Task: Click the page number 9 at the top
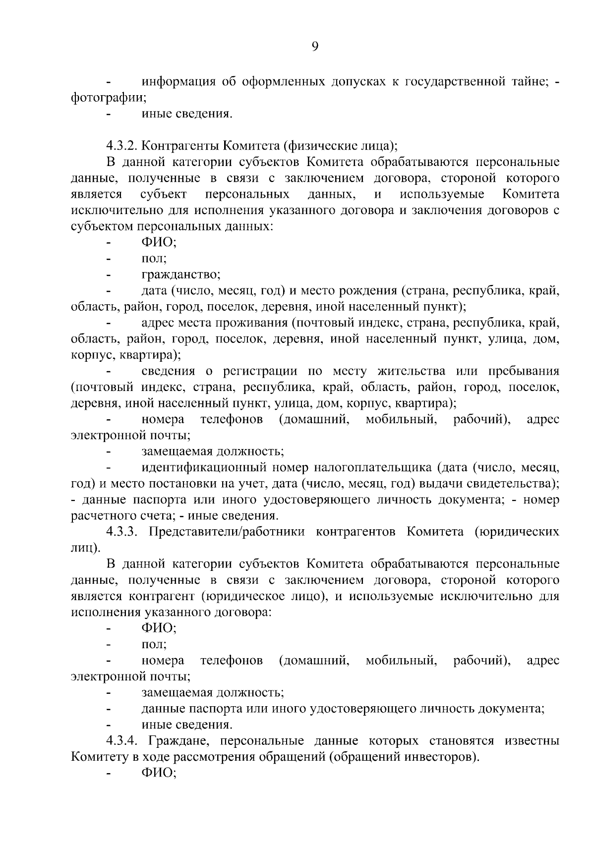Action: (x=315, y=47)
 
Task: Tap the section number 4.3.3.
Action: (x=123, y=532)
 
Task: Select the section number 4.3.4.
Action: (x=123, y=741)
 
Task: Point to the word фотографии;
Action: (x=109, y=98)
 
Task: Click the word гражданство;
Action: (x=181, y=275)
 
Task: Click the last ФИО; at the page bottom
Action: (x=159, y=773)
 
